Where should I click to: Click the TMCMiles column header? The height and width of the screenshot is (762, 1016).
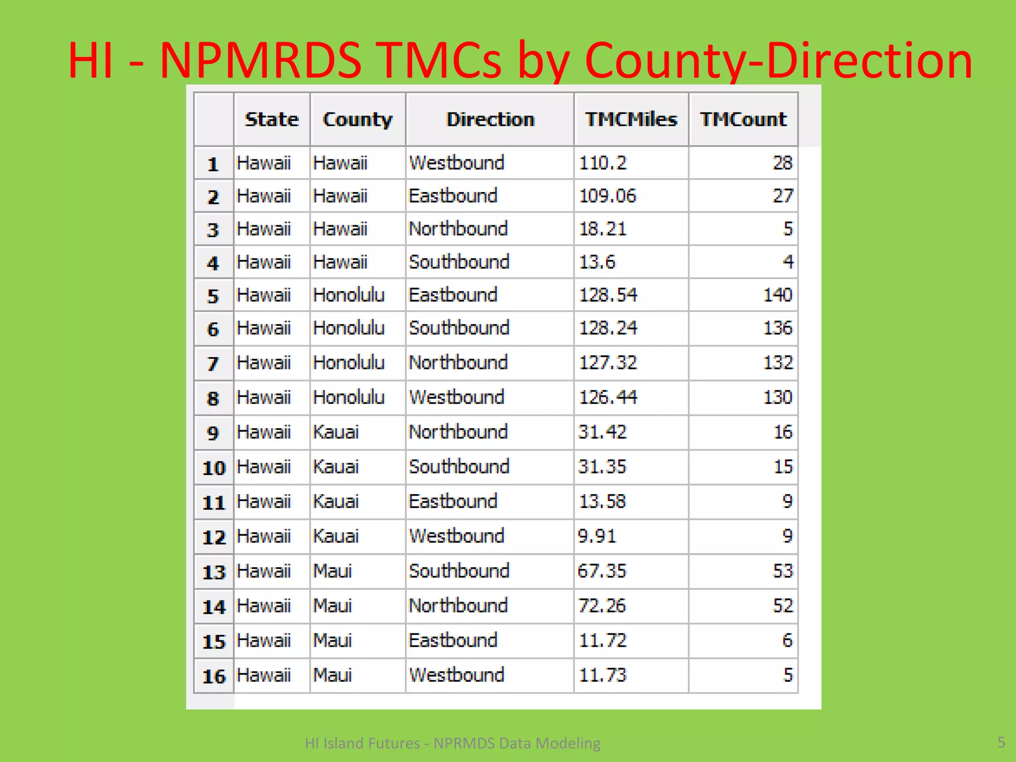[x=631, y=120]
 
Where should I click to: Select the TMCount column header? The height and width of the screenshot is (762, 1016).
[x=743, y=120]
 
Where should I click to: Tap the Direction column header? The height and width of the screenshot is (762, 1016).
[x=490, y=120]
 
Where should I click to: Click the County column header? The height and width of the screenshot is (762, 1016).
[x=358, y=120]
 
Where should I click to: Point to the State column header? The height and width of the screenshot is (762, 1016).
[x=272, y=120]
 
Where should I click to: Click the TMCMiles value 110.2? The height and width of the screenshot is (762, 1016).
[x=603, y=163]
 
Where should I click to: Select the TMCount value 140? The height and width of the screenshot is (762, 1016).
[x=777, y=295]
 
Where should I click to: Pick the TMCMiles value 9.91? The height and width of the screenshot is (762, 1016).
[x=597, y=536]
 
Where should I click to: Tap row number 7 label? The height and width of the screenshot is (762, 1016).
[x=213, y=364]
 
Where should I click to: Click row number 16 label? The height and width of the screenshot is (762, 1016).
[x=214, y=676]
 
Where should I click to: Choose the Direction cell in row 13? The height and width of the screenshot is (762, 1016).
[x=459, y=571]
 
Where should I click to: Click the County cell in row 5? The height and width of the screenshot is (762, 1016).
[x=349, y=295]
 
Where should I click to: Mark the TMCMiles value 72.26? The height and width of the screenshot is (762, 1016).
[x=602, y=606]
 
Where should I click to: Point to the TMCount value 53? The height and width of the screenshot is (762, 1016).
[x=783, y=571]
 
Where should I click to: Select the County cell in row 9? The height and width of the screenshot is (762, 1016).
[x=336, y=432]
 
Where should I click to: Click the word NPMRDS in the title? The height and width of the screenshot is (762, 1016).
[x=261, y=61]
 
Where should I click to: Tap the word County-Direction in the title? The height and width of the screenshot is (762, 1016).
[x=778, y=61]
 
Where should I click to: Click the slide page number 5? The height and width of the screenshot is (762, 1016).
[x=1001, y=742]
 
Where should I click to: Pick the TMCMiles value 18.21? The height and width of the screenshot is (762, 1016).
[x=603, y=229]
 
